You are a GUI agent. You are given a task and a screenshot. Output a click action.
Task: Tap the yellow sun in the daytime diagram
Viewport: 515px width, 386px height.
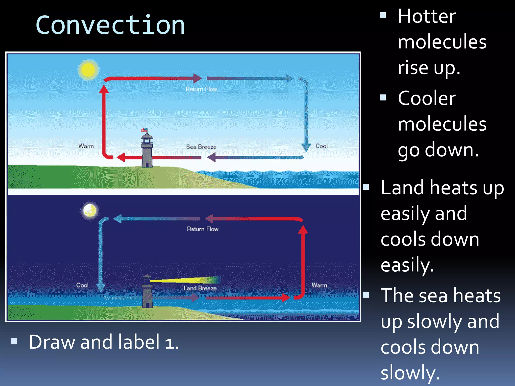click(88, 70)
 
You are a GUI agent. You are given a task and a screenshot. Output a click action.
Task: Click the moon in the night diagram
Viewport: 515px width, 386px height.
click(90, 210)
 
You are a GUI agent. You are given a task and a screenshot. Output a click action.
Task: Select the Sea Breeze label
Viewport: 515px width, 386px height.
click(201, 147)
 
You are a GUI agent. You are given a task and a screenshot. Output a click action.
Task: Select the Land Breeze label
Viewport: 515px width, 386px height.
click(200, 288)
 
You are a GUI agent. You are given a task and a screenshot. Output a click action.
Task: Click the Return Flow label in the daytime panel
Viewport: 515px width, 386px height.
click(201, 89)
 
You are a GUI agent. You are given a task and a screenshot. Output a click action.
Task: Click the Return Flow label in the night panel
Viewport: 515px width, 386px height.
click(202, 229)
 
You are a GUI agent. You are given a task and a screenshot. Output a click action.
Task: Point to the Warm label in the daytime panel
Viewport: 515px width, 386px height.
click(86, 146)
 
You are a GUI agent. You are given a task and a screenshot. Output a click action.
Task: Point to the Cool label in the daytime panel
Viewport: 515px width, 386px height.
click(321, 146)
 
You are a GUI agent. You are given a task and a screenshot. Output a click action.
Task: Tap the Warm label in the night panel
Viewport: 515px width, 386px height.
click(319, 285)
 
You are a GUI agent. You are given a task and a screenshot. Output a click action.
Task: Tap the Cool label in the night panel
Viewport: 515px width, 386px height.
click(82, 285)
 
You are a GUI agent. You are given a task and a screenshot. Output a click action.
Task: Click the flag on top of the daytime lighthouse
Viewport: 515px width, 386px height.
click(144, 130)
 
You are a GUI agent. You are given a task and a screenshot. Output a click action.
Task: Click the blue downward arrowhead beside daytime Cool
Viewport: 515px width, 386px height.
click(306, 148)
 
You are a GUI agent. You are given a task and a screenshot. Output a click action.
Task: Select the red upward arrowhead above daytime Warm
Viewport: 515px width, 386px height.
click(104, 89)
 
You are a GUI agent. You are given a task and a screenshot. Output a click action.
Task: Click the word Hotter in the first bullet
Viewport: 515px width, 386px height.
click(427, 16)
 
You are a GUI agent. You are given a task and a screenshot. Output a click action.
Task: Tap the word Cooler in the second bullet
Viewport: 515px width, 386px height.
click(427, 98)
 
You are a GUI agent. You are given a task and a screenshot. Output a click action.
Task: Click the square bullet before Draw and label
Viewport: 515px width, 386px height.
click(14, 341)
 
